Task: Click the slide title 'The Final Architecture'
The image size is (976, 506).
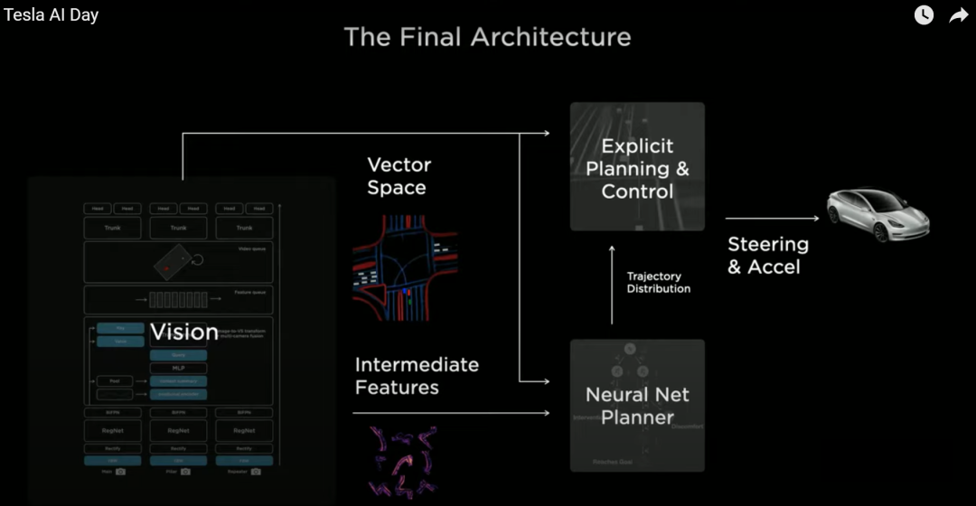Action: click(487, 37)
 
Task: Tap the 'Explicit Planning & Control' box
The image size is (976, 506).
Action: click(637, 168)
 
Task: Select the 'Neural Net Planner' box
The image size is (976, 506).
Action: click(637, 406)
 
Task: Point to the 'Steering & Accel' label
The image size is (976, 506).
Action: click(768, 255)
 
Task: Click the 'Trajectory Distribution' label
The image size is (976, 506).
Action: click(658, 282)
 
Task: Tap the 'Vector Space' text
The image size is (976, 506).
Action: click(398, 176)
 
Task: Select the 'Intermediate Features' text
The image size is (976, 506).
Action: click(417, 376)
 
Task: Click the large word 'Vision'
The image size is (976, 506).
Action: click(184, 332)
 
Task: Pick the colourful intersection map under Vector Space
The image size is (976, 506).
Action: click(404, 268)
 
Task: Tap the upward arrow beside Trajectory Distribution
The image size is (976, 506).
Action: click(612, 285)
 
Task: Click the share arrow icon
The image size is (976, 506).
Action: click(958, 15)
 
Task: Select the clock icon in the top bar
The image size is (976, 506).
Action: click(924, 15)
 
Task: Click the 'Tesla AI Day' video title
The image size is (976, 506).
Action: click(51, 15)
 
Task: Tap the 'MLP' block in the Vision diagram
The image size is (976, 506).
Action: click(178, 369)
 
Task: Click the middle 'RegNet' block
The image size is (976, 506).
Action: click(178, 431)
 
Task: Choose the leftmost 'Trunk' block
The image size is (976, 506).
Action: click(113, 228)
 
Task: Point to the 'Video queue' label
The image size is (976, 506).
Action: click(251, 249)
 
